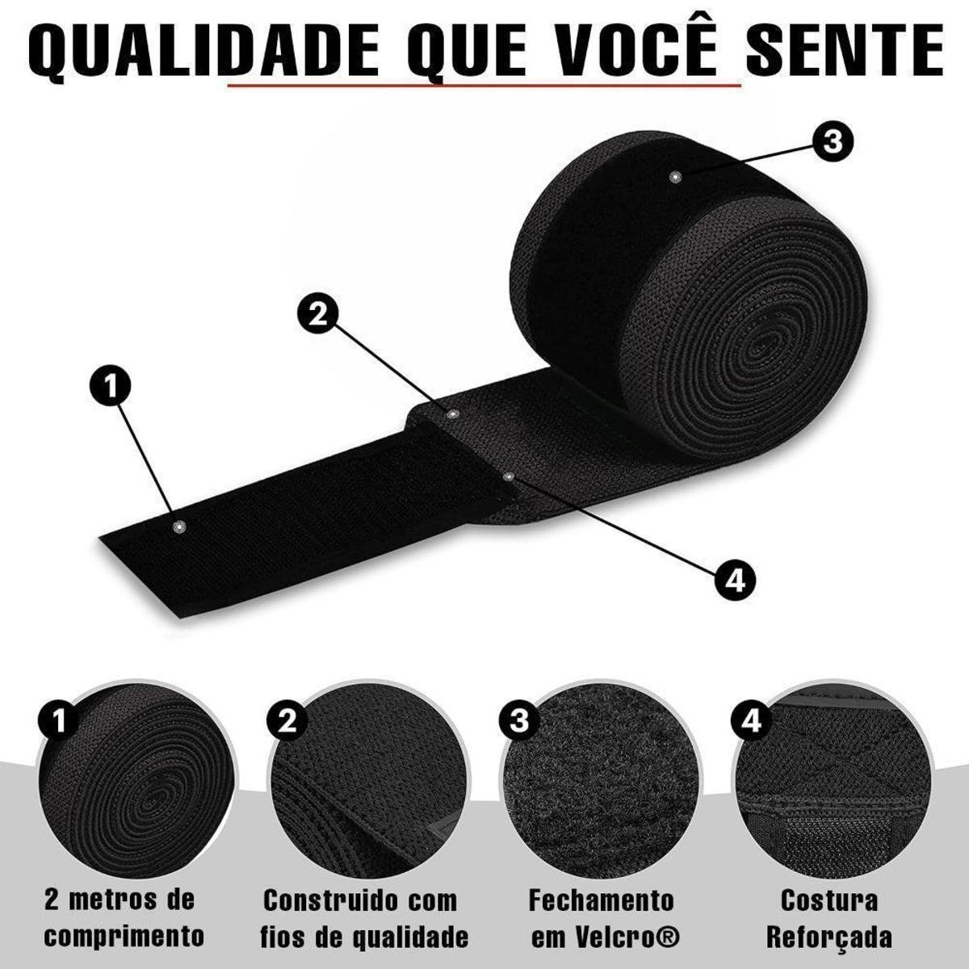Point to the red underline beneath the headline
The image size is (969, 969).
(484, 86)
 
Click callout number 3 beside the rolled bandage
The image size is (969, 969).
(833, 142)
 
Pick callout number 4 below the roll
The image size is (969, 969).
(735, 581)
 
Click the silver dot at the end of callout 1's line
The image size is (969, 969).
(178, 526)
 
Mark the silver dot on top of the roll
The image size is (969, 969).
(674, 177)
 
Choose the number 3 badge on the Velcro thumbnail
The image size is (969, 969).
(519, 721)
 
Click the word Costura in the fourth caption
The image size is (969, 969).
(829, 900)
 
